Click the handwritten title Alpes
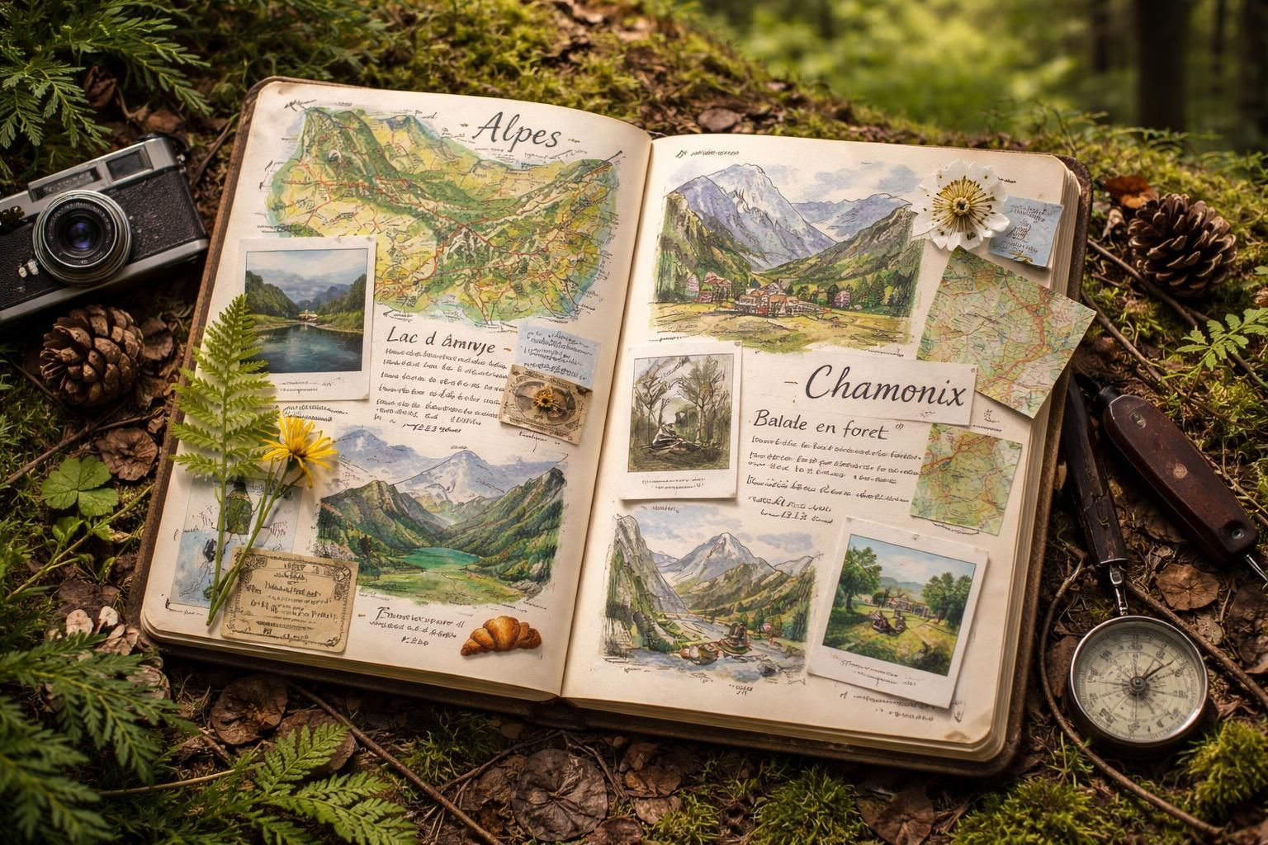518,132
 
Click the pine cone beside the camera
91,356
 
